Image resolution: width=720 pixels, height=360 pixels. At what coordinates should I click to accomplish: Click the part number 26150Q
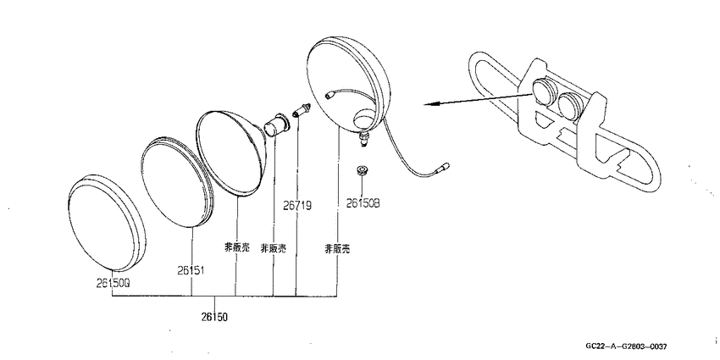click(114, 284)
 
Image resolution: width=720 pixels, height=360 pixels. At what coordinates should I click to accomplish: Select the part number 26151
click(191, 270)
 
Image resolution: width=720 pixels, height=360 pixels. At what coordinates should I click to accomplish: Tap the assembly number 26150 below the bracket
click(214, 317)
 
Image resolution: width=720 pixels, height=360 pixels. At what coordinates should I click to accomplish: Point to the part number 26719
click(297, 206)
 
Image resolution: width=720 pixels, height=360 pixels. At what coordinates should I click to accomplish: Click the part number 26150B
click(363, 203)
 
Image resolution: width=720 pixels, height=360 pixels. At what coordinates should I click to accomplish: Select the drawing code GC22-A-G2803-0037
click(626, 346)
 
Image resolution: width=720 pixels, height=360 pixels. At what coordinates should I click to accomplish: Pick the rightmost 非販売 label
click(337, 249)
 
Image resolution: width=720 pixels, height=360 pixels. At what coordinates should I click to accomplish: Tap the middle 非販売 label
click(273, 248)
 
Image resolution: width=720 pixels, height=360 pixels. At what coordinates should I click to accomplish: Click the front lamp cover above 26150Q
click(107, 222)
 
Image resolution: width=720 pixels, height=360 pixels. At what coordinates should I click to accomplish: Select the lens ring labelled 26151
click(178, 182)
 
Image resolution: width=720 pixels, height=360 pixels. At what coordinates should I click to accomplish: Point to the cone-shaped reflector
click(232, 153)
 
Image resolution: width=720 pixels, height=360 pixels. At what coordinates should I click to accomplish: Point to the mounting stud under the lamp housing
click(364, 138)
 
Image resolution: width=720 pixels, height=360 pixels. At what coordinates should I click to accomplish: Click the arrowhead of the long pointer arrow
click(429, 104)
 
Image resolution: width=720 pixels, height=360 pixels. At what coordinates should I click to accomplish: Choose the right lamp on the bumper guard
click(571, 106)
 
